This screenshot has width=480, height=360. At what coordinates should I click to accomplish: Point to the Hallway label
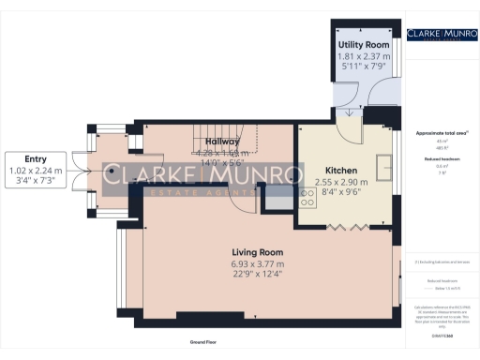(x=224, y=142)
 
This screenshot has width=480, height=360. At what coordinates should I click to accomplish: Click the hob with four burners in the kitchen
(x=307, y=198)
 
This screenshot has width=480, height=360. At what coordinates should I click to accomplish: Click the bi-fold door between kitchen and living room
(x=343, y=226)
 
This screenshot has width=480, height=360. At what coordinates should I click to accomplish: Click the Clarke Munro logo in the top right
(x=441, y=36)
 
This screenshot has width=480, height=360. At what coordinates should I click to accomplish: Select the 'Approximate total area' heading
(x=440, y=133)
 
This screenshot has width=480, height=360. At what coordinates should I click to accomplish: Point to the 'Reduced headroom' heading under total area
(x=440, y=160)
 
